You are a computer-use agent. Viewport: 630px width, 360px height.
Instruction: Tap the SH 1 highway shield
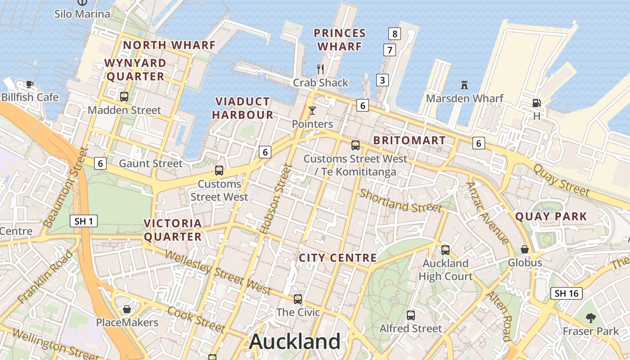(84, 221)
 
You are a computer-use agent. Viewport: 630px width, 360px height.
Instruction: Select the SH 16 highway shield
(567, 293)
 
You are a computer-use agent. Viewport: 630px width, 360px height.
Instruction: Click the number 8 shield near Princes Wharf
(394, 33)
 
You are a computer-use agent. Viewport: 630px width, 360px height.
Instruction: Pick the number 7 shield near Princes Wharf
(390, 50)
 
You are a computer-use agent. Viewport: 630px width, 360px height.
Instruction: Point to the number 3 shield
(382, 81)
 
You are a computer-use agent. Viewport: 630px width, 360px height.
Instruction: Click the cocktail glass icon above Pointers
(312, 110)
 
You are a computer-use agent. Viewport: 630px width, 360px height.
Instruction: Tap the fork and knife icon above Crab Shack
(320, 69)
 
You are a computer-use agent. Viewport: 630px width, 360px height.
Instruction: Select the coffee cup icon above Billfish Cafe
(30, 84)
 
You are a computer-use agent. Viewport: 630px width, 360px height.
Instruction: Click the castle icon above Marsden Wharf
(464, 85)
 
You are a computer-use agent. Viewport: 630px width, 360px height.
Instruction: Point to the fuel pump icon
(536, 103)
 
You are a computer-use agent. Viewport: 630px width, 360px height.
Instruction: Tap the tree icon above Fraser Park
(591, 318)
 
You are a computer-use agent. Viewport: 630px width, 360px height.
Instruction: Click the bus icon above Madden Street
(124, 96)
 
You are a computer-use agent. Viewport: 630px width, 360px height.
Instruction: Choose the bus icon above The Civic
(297, 299)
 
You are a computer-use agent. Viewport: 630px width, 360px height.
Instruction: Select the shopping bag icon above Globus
(525, 249)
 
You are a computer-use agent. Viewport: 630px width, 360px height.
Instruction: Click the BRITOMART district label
(409, 140)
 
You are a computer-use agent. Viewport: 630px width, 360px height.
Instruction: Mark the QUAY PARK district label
(551, 216)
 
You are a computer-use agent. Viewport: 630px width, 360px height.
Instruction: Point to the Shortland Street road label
(400, 201)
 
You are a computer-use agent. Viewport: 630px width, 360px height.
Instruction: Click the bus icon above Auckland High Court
(445, 250)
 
